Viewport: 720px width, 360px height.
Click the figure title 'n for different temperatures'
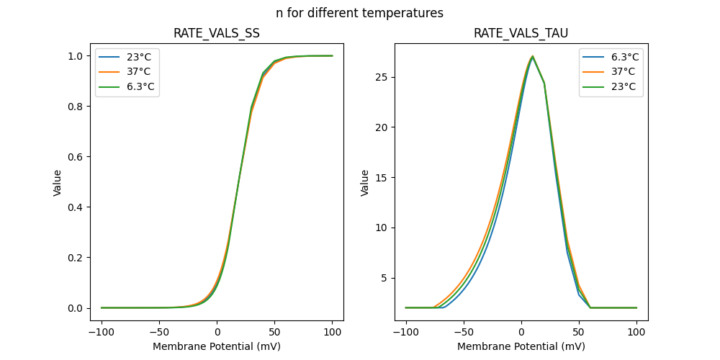pos(359,13)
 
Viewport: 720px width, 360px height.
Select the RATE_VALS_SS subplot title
pos(217,33)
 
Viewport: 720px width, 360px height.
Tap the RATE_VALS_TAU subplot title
pos(521,33)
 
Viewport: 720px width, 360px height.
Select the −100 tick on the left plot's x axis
pos(102,332)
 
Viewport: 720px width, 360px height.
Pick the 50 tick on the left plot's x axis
pos(274,332)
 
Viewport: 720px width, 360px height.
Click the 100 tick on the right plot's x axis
pos(636,332)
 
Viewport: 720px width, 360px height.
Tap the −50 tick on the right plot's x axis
pos(464,332)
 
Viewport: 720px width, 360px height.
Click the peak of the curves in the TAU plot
pos(532,56)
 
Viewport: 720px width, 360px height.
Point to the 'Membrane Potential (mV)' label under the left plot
pos(217,346)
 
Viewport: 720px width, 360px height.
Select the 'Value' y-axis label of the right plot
pos(365,182)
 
